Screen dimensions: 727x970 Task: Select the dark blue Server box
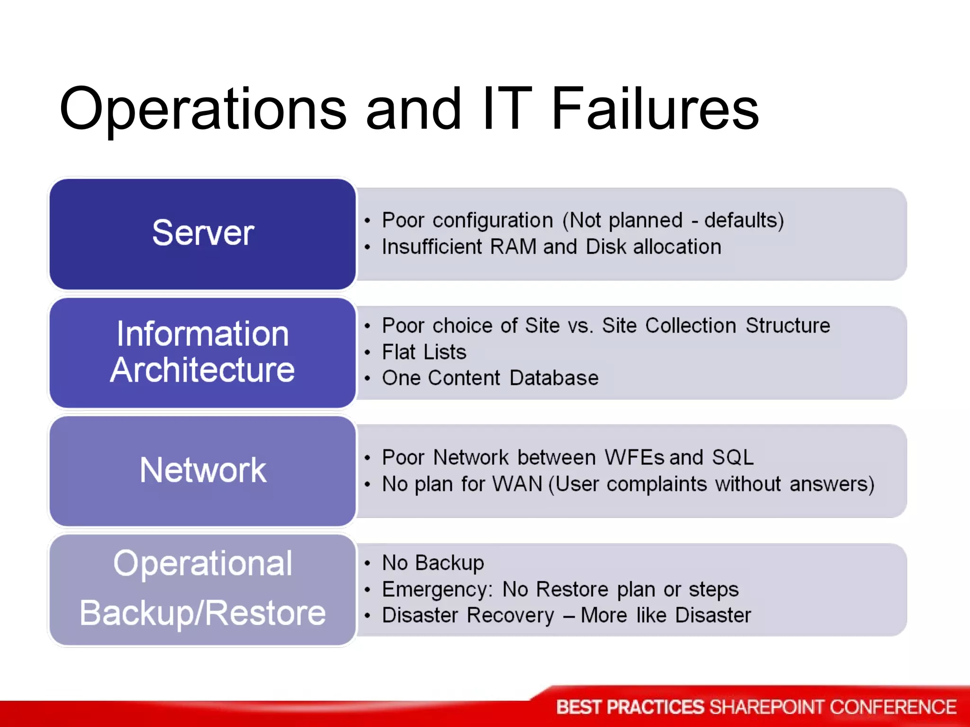[203, 233]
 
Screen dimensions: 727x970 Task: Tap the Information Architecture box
[203, 352]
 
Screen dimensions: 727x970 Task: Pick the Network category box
[203, 470]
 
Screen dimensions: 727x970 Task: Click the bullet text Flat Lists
[424, 352]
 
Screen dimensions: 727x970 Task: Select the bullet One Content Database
[490, 378]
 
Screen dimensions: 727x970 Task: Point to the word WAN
[517, 484]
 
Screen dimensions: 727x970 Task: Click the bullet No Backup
[433, 563]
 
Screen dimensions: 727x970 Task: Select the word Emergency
[436, 590]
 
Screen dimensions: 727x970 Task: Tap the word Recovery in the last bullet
[510, 615]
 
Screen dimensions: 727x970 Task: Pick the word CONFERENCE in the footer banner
[893, 707]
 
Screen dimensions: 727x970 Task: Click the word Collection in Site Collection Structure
[690, 326]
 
